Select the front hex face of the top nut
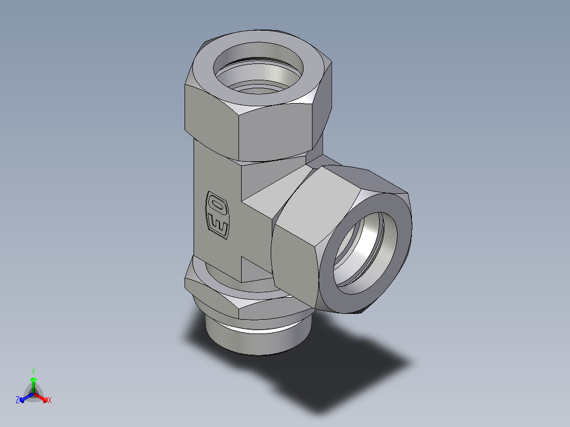(x=278, y=132)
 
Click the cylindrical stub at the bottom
(x=249, y=341)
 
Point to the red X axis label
(x=49, y=401)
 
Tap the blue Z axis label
(x=17, y=401)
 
